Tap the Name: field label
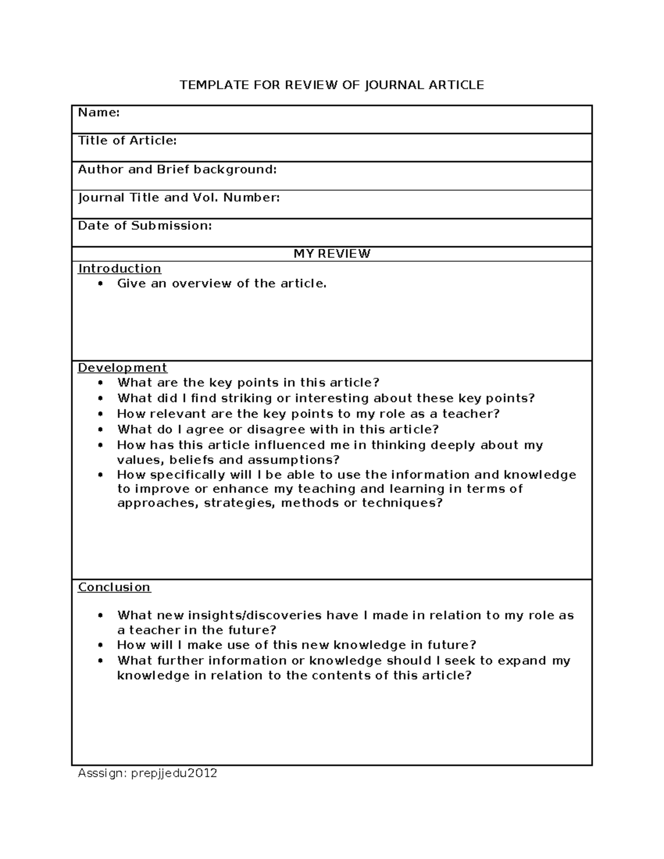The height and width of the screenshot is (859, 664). [x=98, y=113]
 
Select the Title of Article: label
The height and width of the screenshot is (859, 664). [x=127, y=141]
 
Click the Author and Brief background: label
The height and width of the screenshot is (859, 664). [x=177, y=169]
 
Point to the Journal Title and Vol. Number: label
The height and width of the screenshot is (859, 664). [x=179, y=197]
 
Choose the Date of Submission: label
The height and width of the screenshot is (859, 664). [x=145, y=226]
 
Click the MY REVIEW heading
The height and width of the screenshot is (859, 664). [x=332, y=254]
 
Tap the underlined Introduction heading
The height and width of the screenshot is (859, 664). [x=120, y=269]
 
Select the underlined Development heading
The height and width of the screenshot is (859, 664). [x=122, y=368]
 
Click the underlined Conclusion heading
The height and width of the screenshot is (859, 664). [x=114, y=587]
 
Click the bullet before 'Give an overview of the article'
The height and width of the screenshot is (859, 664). [x=100, y=284]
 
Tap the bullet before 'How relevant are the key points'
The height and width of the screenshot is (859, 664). [x=100, y=414]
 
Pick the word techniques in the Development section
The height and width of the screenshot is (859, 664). [x=402, y=503]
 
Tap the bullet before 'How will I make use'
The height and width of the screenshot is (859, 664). [x=100, y=645]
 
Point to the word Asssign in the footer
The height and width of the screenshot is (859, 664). [x=101, y=773]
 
